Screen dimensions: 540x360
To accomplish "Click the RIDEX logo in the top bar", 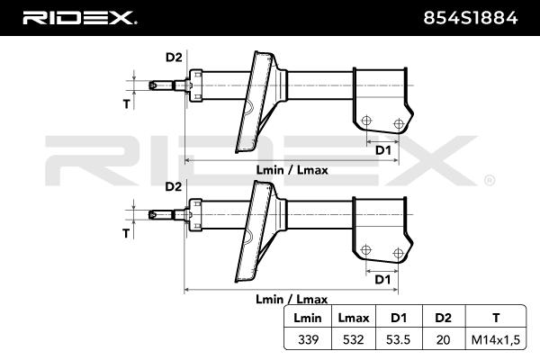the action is (79, 17).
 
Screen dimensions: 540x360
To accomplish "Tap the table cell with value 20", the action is (442, 340).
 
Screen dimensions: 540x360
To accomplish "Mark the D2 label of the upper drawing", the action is (174, 58).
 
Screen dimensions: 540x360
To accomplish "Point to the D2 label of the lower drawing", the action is (174, 186).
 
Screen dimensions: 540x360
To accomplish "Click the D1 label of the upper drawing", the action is (382, 150).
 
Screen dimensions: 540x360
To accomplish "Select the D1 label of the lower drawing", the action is (382, 280).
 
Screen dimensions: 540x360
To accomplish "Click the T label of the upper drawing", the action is (126, 104).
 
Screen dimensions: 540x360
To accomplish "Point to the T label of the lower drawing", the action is (126, 233).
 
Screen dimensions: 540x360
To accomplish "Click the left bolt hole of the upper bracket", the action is (366, 121).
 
